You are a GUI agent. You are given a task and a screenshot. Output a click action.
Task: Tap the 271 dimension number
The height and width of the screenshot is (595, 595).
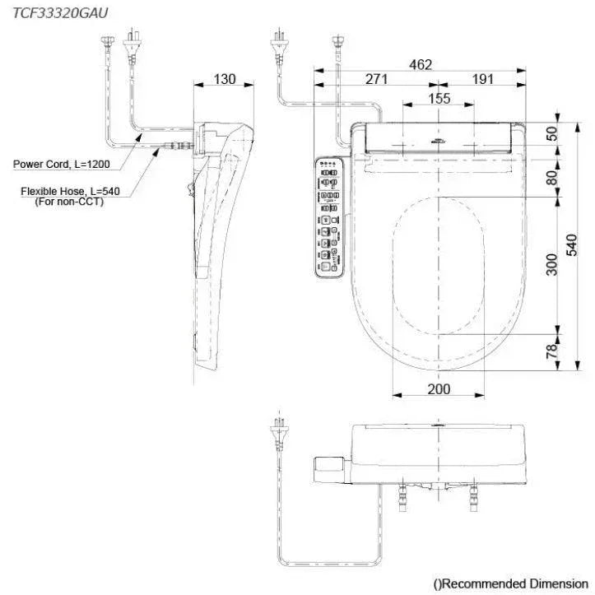[x=376, y=79]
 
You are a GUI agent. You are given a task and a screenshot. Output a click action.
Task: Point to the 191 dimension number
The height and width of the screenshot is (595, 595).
[x=482, y=79]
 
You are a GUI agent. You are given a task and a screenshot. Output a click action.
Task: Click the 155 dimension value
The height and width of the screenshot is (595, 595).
[x=439, y=98]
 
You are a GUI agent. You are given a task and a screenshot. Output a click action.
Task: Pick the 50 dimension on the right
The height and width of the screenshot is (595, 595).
[x=551, y=134]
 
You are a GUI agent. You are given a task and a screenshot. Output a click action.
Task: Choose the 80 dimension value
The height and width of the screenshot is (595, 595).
[x=551, y=175]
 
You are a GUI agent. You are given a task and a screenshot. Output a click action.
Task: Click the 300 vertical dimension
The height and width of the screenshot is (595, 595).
[x=551, y=264]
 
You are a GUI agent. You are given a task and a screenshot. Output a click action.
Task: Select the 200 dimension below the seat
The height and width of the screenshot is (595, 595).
[x=439, y=388]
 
